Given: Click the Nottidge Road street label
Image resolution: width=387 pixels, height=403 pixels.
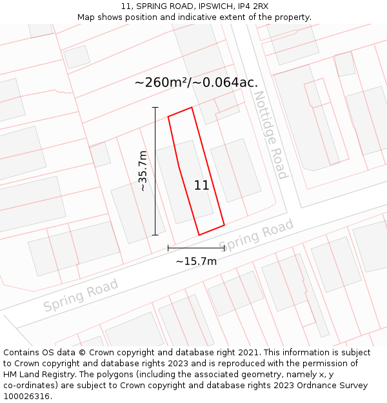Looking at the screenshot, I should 270,135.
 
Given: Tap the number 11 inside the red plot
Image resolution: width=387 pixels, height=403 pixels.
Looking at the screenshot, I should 201,186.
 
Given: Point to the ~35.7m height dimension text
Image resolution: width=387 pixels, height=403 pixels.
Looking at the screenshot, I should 143,171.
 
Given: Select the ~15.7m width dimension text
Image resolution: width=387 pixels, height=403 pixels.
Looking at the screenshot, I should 196,261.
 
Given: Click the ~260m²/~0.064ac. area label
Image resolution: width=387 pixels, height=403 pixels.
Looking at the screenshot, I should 196,82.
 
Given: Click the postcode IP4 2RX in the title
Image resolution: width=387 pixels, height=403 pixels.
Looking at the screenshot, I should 253,6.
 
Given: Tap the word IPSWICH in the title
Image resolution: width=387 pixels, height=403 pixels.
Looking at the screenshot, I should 210,6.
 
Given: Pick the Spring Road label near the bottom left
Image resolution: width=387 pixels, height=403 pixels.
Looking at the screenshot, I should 81,295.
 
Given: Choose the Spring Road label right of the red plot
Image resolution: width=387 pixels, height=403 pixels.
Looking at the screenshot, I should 257,236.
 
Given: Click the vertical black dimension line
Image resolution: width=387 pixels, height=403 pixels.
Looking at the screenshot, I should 155,171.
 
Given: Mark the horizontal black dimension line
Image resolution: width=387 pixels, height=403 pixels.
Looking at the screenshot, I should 196,248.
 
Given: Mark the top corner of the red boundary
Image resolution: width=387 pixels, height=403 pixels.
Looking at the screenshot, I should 192,108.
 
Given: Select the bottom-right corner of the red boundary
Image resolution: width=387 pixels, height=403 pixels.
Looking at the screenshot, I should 224,225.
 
